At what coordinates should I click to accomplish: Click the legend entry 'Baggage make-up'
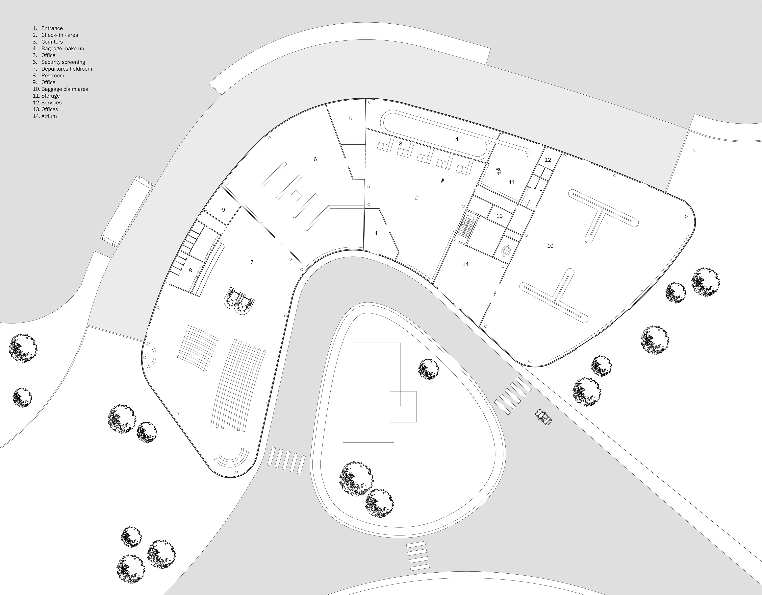[x=63, y=48]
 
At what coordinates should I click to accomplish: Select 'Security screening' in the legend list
[x=63, y=62]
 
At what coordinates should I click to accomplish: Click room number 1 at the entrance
[x=376, y=233]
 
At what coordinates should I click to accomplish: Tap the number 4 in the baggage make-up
[x=457, y=139]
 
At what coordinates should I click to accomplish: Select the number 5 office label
[x=350, y=119]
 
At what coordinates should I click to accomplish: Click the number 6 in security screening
[x=315, y=159]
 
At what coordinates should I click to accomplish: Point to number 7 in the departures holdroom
[x=252, y=262]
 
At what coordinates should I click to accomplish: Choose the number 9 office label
[x=223, y=210]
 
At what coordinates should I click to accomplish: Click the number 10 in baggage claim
[x=550, y=246]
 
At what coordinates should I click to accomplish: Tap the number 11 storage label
[x=512, y=182]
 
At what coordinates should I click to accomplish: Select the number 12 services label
[x=548, y=160]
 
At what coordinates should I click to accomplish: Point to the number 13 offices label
[x=499, y=216]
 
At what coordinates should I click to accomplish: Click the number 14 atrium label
[x=465, y=264]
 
